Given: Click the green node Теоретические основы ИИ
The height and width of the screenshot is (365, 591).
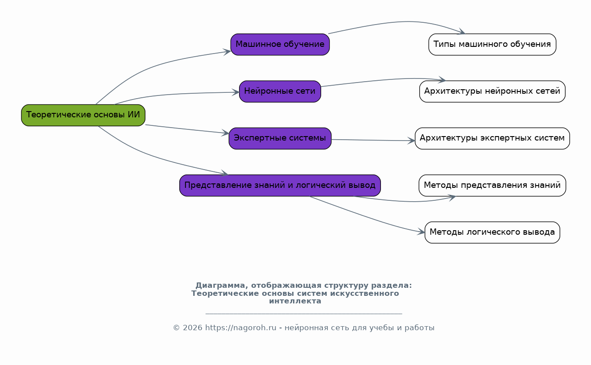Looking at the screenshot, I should click(83, 115).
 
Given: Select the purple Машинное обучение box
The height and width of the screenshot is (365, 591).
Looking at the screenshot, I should click(280, 45).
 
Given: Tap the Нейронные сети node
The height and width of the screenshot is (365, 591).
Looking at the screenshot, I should click(280, 91).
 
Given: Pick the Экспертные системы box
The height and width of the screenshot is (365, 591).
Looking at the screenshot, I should click(280, 138).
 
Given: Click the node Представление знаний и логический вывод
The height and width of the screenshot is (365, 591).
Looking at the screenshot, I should click(280, 185).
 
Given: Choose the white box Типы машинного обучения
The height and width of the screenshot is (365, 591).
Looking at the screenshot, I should click(492, 45).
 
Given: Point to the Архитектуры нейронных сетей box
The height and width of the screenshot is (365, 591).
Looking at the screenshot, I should click(492, 91).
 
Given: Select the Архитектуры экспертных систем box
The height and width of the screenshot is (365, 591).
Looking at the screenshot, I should click(492, 138).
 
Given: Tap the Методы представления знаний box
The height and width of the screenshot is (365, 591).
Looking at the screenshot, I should click(492, 185).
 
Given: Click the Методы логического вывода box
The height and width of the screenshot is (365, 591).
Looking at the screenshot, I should click(492, 232).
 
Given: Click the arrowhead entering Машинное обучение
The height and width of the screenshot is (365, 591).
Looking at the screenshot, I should click(227, 52).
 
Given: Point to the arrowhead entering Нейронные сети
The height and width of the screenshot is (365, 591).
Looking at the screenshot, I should click(236, 92).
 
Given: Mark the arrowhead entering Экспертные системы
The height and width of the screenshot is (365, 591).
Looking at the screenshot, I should click(226, 133).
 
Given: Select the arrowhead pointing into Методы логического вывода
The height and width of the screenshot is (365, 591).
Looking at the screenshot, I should click(422, 232).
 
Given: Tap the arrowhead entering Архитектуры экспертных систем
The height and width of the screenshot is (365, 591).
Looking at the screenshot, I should click(412, 141).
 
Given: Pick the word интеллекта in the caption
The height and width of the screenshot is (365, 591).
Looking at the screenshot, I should click(295, 301).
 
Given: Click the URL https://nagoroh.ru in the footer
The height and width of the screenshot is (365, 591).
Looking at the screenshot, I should click(240, 328).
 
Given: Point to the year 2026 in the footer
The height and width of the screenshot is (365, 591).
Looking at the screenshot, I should click(192, 328).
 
